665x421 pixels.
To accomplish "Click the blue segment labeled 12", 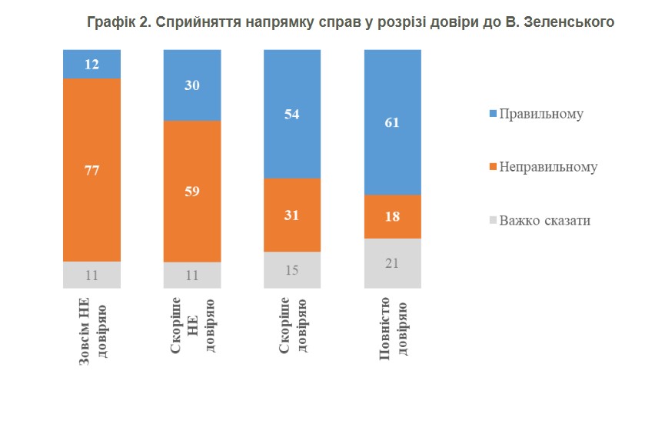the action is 91,64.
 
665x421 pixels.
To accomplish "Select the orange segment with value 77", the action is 91,170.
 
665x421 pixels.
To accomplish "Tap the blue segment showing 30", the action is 192,85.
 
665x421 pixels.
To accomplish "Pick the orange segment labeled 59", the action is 192,192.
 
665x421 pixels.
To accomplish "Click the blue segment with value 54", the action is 292,114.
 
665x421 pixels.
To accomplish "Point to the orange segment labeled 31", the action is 292,216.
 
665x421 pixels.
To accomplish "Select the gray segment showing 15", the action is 292,270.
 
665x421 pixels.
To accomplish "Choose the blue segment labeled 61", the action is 393,122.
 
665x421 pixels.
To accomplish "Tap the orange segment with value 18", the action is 393,217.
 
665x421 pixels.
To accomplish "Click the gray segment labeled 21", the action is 393,263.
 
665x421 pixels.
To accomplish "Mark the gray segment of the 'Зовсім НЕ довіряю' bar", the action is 91,275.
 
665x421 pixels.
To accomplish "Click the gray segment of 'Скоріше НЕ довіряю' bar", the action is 192,276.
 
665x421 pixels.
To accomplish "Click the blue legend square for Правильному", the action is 493,114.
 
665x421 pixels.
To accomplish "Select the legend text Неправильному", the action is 548,167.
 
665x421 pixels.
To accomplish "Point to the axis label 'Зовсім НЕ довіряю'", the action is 93,331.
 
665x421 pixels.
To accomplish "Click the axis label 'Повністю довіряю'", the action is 393,328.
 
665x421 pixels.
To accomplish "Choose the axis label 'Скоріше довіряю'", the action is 293,325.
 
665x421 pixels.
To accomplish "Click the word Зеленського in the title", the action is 569,22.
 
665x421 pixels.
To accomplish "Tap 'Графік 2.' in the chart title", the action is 118,22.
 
